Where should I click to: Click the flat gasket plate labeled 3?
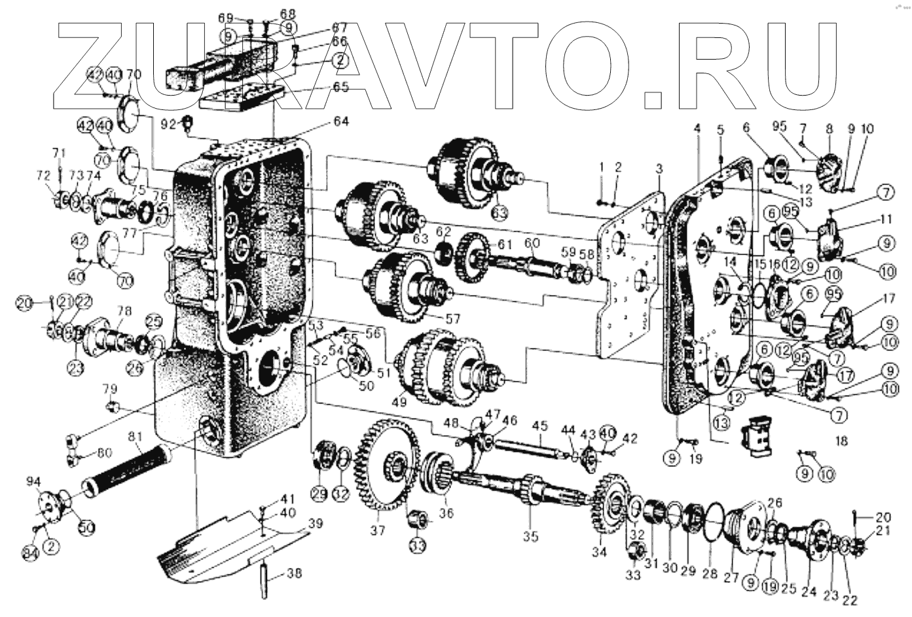(629, 275)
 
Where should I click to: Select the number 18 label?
(841, 441)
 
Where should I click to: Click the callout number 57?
(452, 318)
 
